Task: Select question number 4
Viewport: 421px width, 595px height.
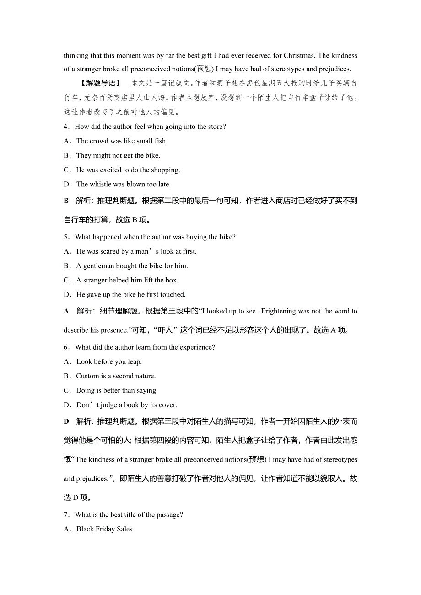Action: [66, 127]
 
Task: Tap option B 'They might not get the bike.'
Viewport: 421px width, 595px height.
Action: [118, 155]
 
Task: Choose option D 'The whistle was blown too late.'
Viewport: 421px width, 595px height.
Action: [123, 184]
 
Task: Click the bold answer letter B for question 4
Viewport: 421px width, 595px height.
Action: [66, 201]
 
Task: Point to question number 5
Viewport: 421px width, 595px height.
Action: [66, 237]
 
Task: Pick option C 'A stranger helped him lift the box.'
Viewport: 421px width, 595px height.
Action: [127, 280]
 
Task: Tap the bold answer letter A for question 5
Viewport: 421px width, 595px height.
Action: [66, 311]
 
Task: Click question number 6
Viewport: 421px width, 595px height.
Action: [66, 347]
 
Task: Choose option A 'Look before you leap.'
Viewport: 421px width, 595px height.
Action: [109, 361]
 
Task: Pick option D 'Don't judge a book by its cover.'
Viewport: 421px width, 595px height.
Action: [126, 405]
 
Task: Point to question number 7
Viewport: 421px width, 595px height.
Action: [66, 515]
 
